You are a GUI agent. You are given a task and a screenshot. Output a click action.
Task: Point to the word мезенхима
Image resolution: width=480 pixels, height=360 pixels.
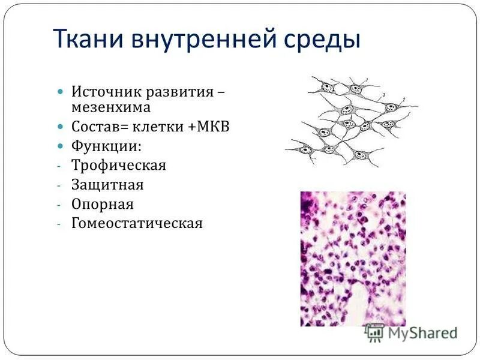click(x=111, y=107)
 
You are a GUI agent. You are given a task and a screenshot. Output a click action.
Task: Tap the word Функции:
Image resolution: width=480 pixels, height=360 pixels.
click(x=107, y=146)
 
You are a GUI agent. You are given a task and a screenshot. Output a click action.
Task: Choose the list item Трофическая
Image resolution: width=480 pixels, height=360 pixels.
click(x=119, y=165)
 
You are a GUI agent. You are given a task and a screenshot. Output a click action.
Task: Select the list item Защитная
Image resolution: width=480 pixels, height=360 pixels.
click(x=108, y=184)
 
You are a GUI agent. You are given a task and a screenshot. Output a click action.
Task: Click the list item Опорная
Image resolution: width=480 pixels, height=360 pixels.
click(x=103, y=204)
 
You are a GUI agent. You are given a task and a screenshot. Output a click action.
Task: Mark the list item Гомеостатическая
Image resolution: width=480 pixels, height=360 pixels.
click(x=137, y=224)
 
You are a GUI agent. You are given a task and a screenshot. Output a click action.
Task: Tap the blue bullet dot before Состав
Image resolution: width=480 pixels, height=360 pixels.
click(x=60, y=127)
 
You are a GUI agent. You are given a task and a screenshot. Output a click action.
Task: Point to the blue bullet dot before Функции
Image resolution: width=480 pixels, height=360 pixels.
click(x=60, y=146)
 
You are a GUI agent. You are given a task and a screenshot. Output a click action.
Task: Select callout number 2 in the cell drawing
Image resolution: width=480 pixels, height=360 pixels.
click(x=405, y=98)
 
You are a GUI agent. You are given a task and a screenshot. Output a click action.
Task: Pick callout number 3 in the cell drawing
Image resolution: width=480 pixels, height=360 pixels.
click(x=383, y=95)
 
